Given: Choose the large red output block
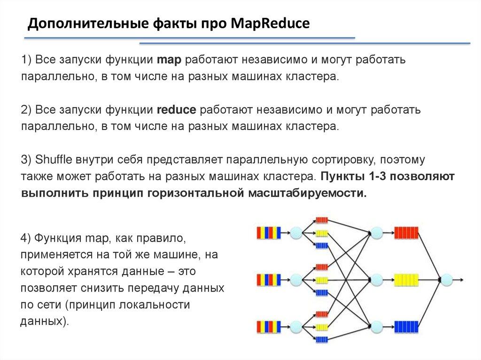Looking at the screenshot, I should coord(406,232).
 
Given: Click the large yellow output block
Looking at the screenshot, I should coord(406,279).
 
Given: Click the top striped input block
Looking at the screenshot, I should coord(269,232).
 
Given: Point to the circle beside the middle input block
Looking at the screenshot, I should coord(296,280).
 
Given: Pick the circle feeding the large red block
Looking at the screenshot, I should coord(377,232).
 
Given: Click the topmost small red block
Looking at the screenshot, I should coord(322,220).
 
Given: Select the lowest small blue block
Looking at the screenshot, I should coord(322,339).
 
